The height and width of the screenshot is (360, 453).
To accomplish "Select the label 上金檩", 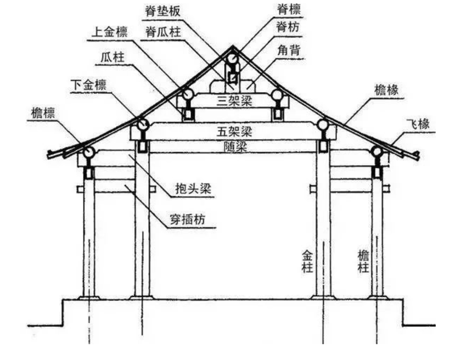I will (x=108, y=31).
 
